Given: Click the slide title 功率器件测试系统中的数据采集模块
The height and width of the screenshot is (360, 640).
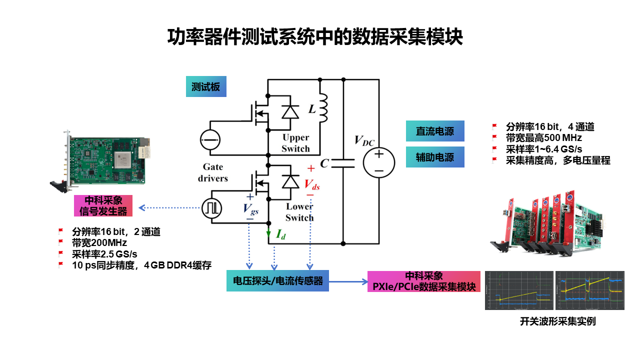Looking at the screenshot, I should pyautogui.click(x=315, y=37).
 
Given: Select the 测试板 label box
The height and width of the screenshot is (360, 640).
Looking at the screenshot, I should pyautogui.click(x=205, y=87).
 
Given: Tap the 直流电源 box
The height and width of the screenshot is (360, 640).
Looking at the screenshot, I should pyautogui.click(x=435, y=131).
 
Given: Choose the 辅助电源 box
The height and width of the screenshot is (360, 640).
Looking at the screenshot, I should pyautogui.click(x=435, y=157).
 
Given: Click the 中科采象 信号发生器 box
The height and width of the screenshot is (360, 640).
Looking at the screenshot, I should pyautogui.click(x=103, y=205).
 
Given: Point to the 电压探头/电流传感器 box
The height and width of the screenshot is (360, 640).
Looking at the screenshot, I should pyautogui.click(x=277, y=281).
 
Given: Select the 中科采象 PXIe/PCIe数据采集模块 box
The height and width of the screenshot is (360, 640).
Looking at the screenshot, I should pyautogui.click(x=424, y=281).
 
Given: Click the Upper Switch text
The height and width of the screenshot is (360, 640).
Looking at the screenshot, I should pyautogui.click(x=295, y=143).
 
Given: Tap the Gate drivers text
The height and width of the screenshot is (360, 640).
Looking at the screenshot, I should pyautogui.click(x=213, y=172).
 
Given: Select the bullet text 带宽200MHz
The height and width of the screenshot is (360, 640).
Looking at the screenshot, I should pyautogui.click(x=99, y=243).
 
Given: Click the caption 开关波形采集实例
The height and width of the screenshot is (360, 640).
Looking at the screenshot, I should pyautogui.click(x=557, y=321).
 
